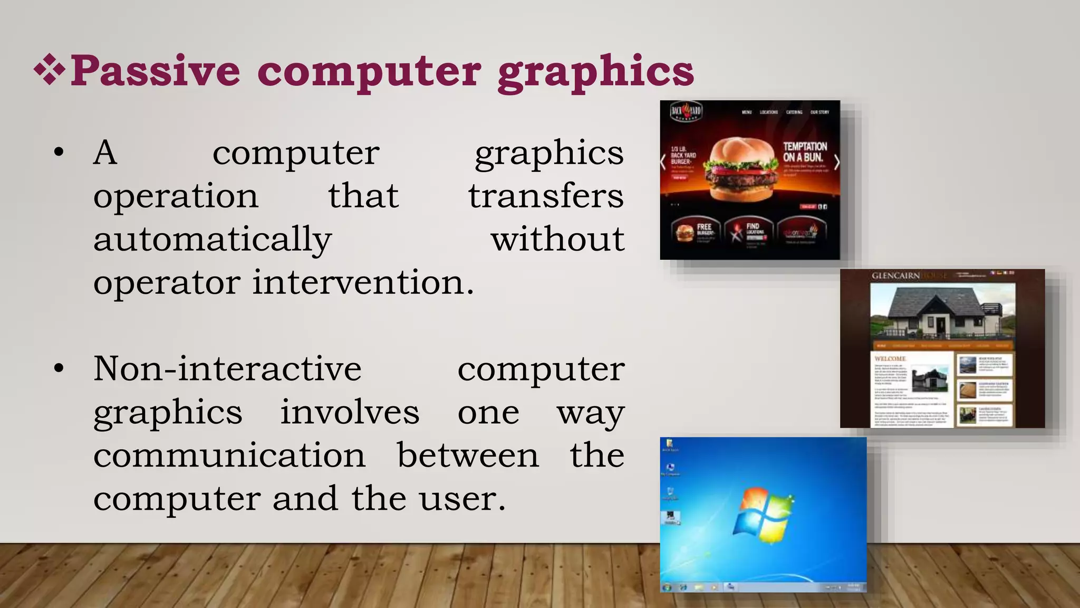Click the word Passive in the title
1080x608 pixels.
[155, 71]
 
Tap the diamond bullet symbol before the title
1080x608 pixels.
[50, 69]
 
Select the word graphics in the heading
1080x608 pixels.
[596, 72]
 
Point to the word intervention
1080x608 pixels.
[363, 282]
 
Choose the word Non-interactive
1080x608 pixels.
[227, 368]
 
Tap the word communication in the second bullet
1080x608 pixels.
[229, 455]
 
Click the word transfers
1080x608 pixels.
[546, 196]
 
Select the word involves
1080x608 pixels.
[350, 412]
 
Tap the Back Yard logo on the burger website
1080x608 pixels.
[686, 111]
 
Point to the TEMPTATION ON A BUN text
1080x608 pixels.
[805, 152]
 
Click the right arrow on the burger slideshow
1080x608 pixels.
[836, 163]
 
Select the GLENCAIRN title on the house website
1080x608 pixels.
[895, 275]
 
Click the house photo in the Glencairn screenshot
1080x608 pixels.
[942, 312]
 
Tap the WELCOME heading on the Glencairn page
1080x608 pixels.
[890, 359]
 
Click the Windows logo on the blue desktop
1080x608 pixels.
[763, 516]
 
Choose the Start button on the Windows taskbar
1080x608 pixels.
[667, 587]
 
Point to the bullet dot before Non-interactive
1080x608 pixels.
[59, 369]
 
